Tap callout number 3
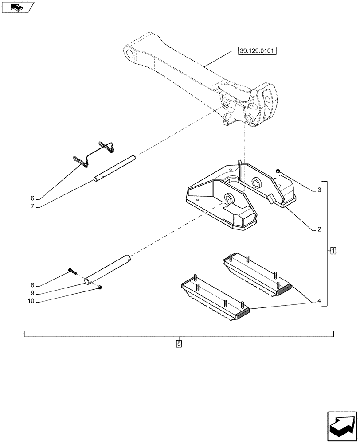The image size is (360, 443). coord(319,190)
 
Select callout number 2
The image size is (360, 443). coord(319,230)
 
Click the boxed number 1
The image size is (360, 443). coord(333,251)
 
